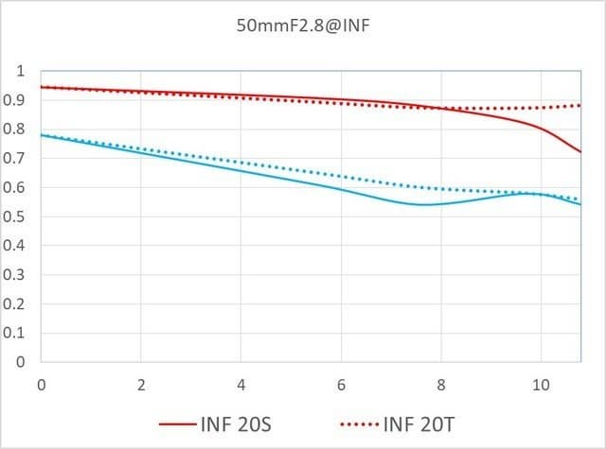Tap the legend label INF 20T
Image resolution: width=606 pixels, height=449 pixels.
[x=423, y=422]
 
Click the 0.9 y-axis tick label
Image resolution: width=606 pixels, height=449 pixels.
[x=16, y=100]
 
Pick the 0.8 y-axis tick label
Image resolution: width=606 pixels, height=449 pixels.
[x=16, y=130]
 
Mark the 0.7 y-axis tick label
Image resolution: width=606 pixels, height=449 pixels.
[x=16, y=159]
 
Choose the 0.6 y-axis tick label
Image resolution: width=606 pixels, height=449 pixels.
[x=16, y=188]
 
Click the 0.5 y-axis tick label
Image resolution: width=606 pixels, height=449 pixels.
[x=16, y=217]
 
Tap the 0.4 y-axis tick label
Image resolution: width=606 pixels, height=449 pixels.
[x=16, y=246]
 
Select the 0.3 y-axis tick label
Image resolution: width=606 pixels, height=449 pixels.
[x=16, y=275]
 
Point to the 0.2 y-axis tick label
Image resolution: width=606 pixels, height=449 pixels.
[x=16, y=304]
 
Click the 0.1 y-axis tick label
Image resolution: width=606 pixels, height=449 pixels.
[x=16, y=334]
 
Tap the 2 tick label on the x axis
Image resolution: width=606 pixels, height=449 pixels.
[x=140, y=386]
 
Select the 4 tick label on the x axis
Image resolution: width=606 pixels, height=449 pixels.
[x=241, y=386]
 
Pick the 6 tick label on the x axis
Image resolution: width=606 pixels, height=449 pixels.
[x=341, y=386]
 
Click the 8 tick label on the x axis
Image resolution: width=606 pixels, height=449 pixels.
[x=440, y=386]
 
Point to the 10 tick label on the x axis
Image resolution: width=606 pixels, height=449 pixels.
[x=540, y=386]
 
